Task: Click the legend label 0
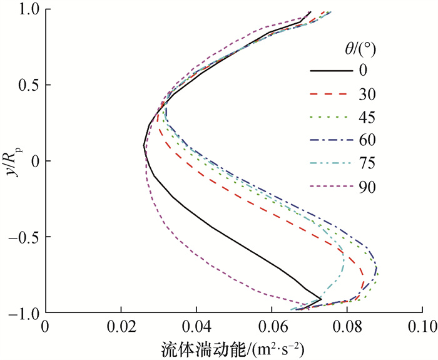pos(362,69)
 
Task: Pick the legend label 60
pos(367,139)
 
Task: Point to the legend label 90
pos(367,186)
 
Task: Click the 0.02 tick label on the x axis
pos(121,327)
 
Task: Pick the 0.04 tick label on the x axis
pos(196,327)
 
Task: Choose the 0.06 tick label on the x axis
pos(272,327)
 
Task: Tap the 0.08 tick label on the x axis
pos(348,327)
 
